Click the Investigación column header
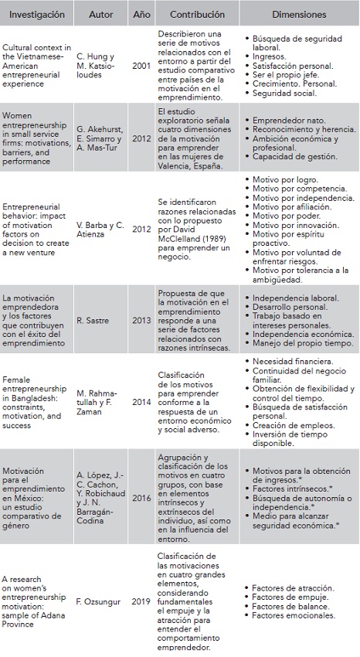tap(38, 15)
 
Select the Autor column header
tap(101, 15)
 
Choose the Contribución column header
tap(193, 15)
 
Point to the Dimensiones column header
tap(300, 15)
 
